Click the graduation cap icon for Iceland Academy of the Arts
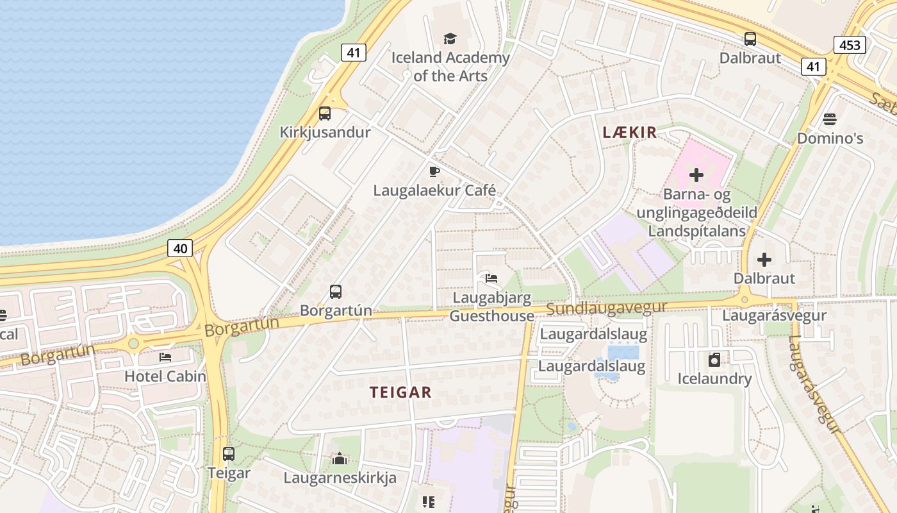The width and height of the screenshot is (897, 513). click(450, 38)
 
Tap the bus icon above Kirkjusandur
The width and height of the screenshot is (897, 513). click(325, 114)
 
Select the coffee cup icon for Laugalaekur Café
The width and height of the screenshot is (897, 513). click(434, 171)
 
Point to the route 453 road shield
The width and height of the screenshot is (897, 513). click(850, 44)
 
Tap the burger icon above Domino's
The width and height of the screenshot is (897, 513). click(830, 119)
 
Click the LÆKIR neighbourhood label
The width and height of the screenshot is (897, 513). click(630, 133)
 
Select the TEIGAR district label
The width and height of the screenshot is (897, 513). click(400, 392)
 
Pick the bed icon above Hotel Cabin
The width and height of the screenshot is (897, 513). click(165, 357)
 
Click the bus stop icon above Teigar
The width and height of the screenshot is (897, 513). click(229, 454)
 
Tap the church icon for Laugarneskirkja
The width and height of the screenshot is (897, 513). click(340, 458)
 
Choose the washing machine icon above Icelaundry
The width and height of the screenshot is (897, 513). click(714, 360)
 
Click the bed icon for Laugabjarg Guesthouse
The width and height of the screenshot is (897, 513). click(491, 278)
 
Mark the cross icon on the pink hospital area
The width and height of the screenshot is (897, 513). click(696, 174)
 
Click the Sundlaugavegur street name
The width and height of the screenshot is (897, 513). click(607, 308)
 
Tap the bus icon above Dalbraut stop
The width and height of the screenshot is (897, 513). click(750, 38)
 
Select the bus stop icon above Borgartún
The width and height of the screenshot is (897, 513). click(336, 292)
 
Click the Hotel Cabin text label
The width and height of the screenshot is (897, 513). click(165, 376)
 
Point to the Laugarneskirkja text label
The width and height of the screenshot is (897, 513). click(340, 478)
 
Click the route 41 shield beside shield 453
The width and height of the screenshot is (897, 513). click(813, 66)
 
